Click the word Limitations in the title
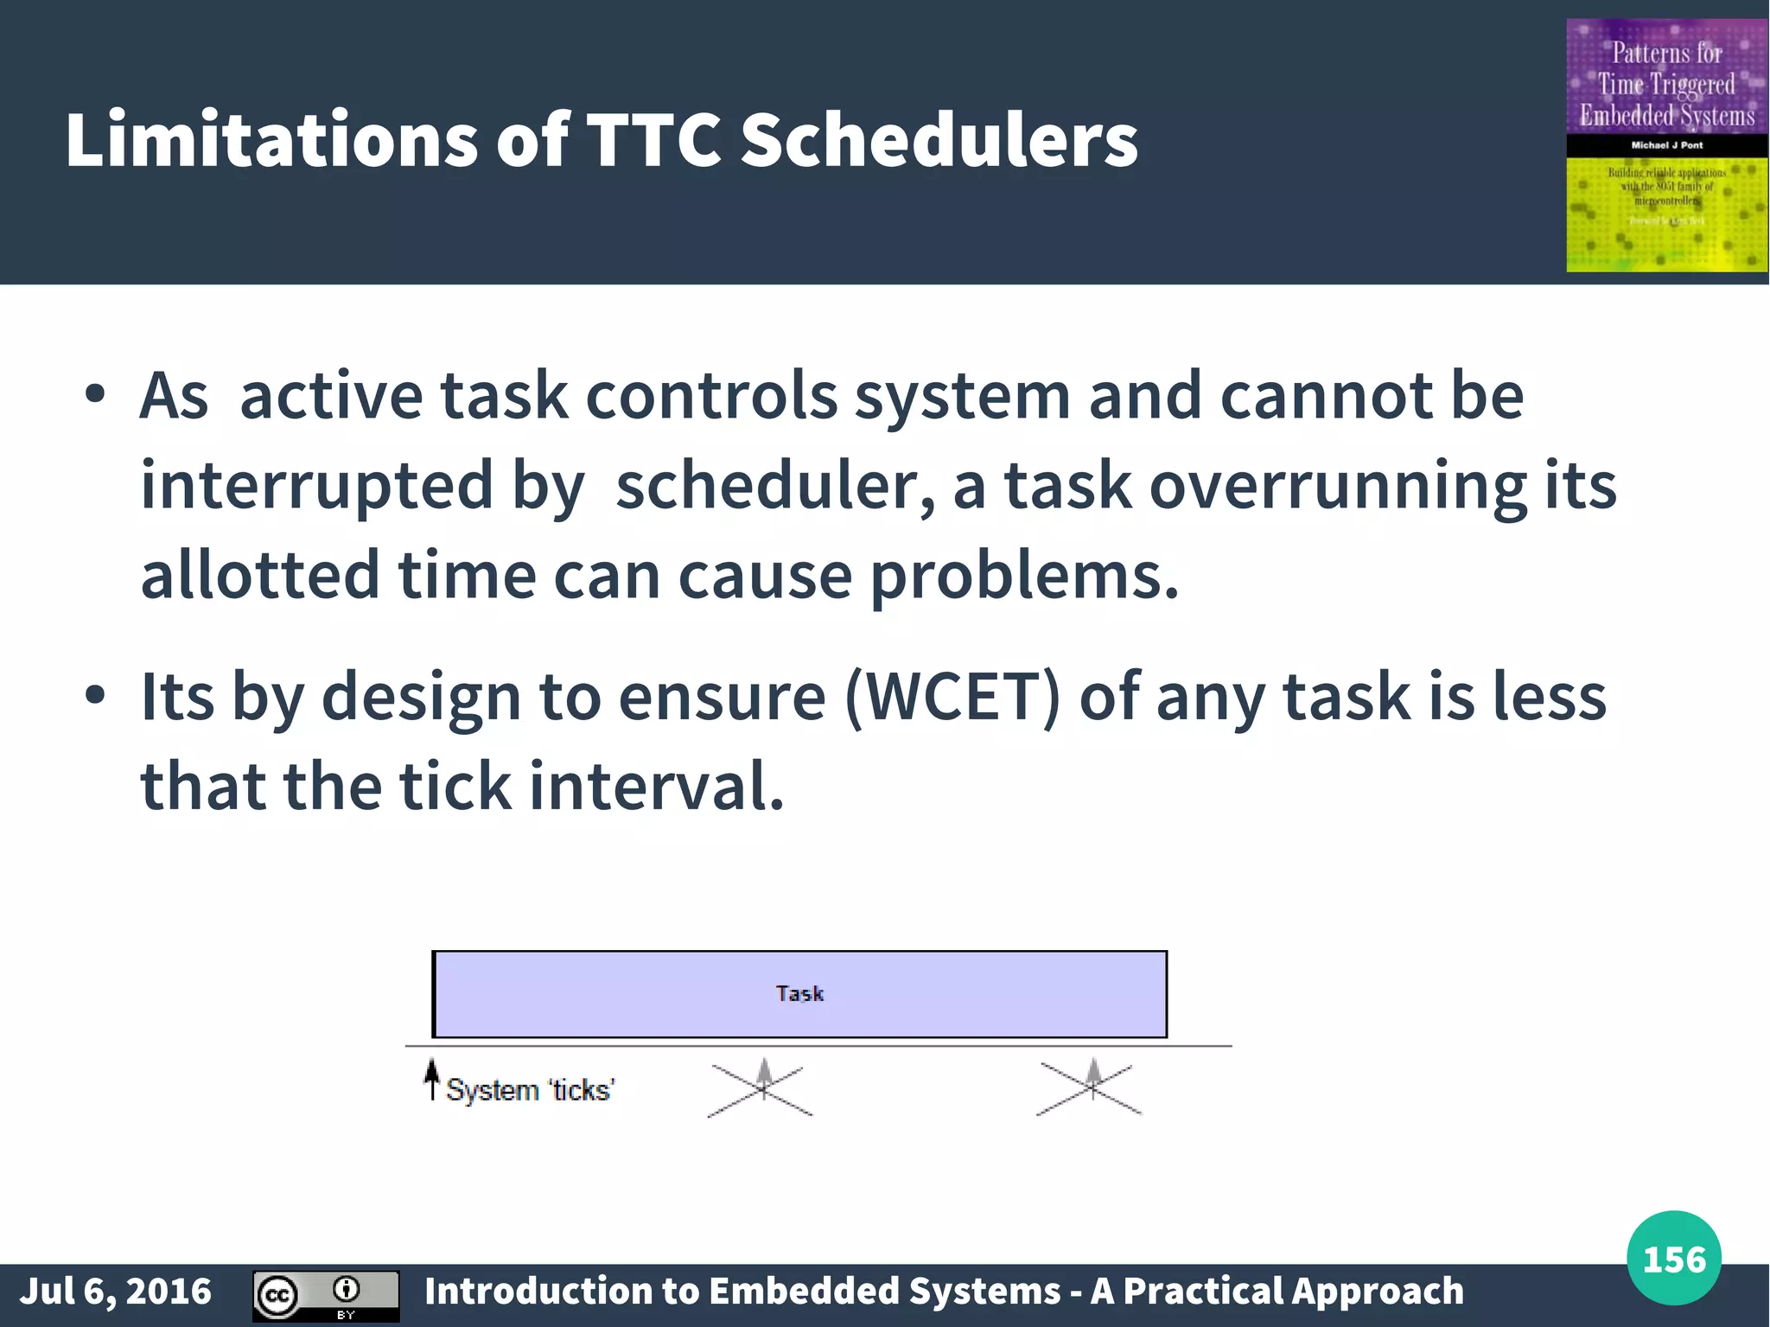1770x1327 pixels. [270, 140]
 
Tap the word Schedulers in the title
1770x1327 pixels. [939, 140]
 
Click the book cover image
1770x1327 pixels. [1665, 145]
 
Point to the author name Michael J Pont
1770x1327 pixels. [1666, 145]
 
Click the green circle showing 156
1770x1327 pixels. [1673, 1258]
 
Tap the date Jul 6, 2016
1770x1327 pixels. [115, 1291]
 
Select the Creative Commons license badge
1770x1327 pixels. [326, 1295]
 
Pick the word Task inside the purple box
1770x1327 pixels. [799, 993]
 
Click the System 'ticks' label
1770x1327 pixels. [530, 1090]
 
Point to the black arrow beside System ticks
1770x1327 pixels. [431, 1080]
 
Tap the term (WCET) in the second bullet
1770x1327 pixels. [952, 697]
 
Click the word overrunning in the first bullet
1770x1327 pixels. [1337, 486]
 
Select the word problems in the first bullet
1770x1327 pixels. [1023, 576]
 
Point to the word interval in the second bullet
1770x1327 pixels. [656, 786]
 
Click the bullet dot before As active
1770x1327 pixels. [95, 395]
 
